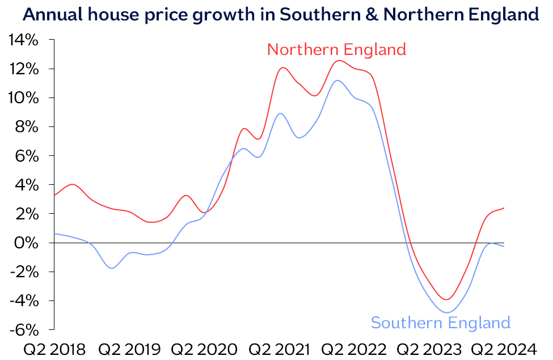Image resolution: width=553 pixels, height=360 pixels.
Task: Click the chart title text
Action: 280,15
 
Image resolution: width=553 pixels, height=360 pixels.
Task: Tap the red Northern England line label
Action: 336,49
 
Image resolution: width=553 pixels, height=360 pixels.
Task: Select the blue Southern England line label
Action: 441,323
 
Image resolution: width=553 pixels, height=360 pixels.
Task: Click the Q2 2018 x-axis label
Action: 54,349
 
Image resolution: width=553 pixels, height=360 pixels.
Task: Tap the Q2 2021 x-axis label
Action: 280,349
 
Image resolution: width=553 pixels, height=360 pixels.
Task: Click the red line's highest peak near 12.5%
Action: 339,61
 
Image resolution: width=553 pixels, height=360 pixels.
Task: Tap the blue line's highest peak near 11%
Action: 337,81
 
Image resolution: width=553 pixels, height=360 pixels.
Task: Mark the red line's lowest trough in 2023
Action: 447,299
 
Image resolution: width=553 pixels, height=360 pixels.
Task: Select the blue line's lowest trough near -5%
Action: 447,312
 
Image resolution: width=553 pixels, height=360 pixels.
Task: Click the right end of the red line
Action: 504,208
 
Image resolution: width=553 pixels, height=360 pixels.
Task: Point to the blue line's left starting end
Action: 54,234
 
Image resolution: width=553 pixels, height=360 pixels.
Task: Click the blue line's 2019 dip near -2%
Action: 112,268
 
